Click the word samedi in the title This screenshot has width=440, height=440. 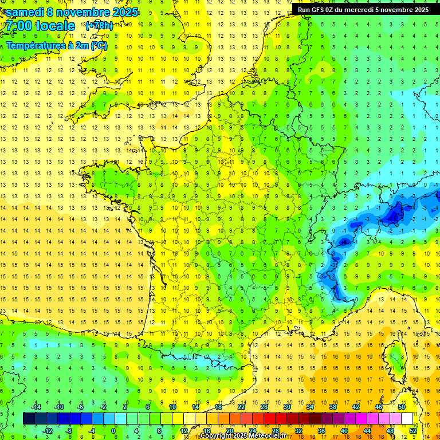point(25,13)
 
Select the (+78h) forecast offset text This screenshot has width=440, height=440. point(99,26)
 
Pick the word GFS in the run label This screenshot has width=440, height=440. point(318,10)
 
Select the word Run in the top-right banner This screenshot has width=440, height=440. point(304,10)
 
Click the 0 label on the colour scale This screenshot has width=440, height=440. point(113,431)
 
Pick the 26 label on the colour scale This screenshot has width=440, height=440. point(264,407)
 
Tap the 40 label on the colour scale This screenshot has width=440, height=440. point(344,431)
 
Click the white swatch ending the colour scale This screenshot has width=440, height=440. point(407,419)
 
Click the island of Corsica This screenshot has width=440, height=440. point(395,357)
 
